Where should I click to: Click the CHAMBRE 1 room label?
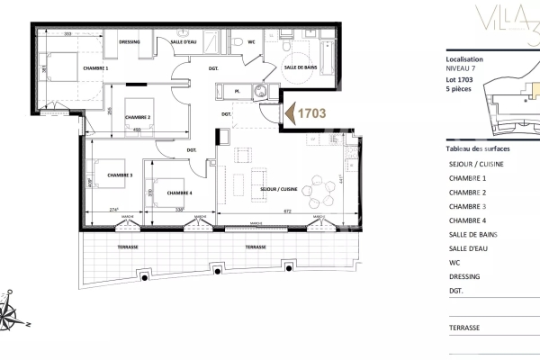pyautogui.click(x=94, y=68)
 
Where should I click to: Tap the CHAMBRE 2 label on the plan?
pyautogui.click(x=137, y=118)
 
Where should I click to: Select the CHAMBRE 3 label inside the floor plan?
pyautogui.click(x=120, y=175)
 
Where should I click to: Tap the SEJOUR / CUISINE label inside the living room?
pyautogui.click(x=278, y=190)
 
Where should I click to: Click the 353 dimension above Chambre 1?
pyautogui.click(x=67, y=33)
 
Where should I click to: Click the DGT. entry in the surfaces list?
pyautogui.click(x=456, y=291)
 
